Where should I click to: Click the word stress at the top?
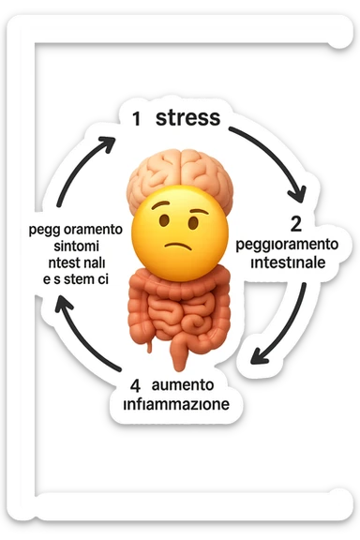187,118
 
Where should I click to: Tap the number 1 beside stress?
137,119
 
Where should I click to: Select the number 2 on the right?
295,224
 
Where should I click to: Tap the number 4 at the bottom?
137,385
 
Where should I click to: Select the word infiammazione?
175,405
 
